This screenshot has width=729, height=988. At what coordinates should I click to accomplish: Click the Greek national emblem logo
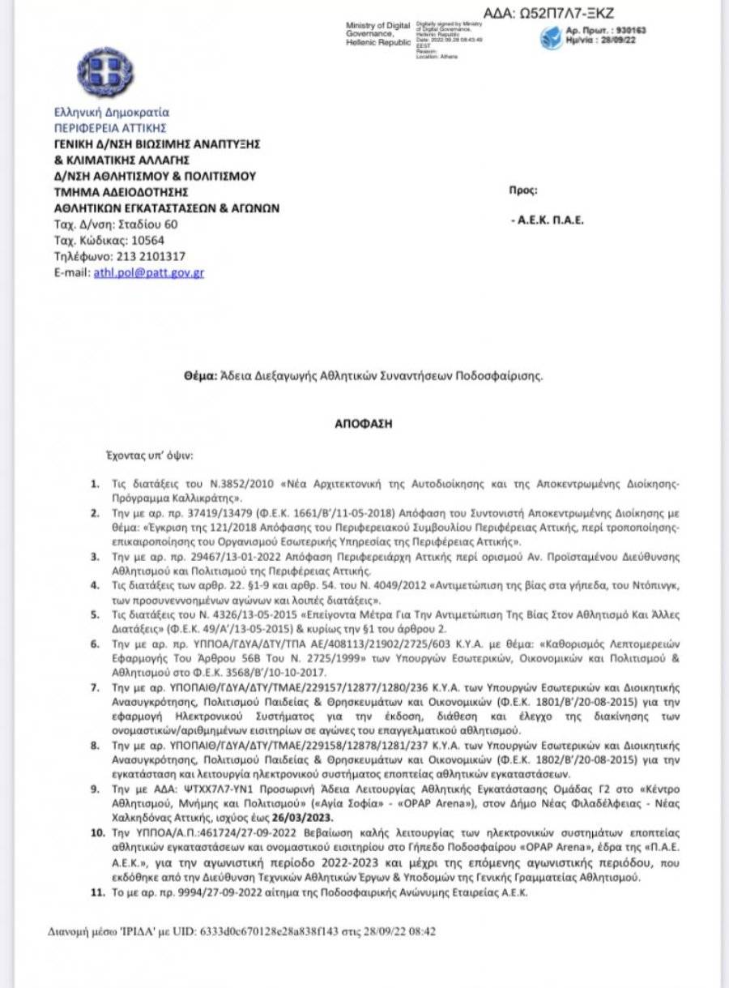pos(105,73)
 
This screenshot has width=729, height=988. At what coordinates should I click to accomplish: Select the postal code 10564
pos(147,240)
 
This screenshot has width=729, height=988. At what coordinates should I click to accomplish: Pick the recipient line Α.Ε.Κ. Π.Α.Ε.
pos(552,220)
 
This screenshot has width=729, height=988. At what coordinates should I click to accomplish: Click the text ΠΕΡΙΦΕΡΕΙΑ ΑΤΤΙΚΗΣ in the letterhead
pos(110,128)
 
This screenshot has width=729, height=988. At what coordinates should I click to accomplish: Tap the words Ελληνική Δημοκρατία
pos(111,113)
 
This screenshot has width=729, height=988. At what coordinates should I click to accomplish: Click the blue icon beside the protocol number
pos(553,36)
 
